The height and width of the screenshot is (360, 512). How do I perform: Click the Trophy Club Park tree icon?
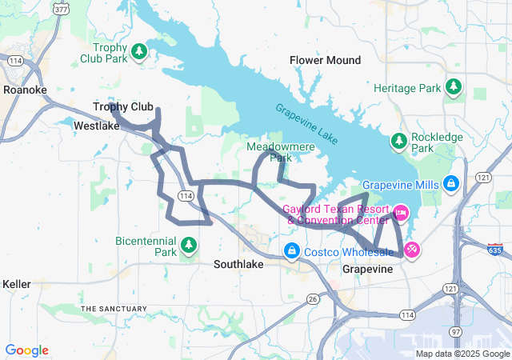139,52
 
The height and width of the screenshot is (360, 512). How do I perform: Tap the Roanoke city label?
25,90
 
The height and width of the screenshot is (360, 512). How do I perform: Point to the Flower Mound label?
325,60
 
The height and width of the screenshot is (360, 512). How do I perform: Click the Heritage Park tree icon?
454,86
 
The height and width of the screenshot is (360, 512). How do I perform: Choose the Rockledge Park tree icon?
398,142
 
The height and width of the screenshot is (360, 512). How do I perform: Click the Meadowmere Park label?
270,152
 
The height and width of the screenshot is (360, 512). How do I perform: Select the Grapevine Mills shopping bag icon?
451,184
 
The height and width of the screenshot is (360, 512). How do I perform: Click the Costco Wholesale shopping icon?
292,252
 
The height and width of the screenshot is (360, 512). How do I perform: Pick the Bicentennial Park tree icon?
189,244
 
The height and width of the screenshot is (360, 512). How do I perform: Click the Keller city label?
17,284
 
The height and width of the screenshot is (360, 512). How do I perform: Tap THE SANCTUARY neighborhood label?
114,308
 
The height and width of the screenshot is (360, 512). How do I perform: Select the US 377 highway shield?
61,7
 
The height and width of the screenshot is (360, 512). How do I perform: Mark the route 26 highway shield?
313,298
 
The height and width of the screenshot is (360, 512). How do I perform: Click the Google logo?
26,350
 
